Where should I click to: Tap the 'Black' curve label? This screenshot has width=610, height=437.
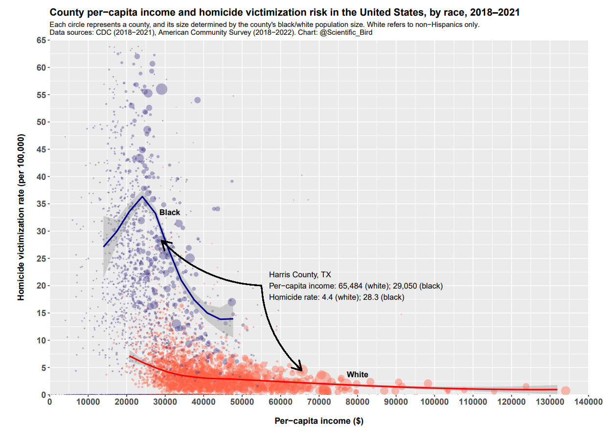coord(169,213)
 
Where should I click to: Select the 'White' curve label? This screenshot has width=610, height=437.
coord(357,375)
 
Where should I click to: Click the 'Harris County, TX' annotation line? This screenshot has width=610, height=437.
coord(300,275)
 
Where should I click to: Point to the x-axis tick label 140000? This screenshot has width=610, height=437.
coord(587,402)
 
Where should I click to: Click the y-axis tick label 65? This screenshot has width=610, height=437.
coord(41,41)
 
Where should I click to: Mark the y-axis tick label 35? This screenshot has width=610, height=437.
coord(41,204)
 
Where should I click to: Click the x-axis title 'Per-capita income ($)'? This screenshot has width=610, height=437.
coord(318,421)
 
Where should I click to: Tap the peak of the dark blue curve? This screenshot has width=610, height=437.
coord(142,197)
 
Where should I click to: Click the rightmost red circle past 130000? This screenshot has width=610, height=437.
coord(565,390)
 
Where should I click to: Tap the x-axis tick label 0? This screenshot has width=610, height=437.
coord(49,402)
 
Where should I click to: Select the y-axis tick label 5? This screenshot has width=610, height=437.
coord(43,367)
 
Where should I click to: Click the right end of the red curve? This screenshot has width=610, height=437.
coord(557,389)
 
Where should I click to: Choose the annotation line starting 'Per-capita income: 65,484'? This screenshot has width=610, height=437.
coord(356,286)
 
